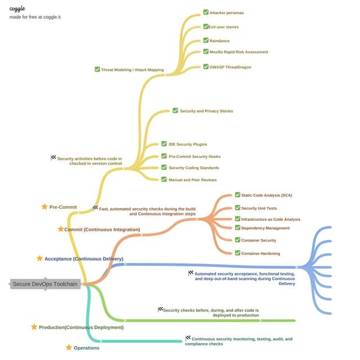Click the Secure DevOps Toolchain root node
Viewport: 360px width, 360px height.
45,284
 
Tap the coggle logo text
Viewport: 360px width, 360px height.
17,8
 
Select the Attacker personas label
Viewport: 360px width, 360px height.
226,12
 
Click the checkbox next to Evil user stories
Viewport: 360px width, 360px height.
205,27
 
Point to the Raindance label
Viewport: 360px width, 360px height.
219,41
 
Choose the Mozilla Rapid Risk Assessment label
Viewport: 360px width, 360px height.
239,52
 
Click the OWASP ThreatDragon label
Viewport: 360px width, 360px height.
230,67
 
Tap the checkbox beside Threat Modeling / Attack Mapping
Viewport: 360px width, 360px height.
98,69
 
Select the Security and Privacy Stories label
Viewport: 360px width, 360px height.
206,111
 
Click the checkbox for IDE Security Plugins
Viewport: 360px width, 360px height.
164,144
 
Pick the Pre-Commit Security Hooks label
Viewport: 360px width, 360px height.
194,156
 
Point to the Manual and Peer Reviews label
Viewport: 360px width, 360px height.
192,180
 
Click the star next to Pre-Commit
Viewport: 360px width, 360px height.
45,207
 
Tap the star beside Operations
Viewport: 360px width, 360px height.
69,348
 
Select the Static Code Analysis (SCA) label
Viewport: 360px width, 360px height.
267,195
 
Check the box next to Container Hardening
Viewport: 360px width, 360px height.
238,253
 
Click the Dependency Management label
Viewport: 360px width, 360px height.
265,228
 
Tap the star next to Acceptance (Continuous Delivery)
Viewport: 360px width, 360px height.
39,258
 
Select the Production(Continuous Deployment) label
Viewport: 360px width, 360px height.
81,327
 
